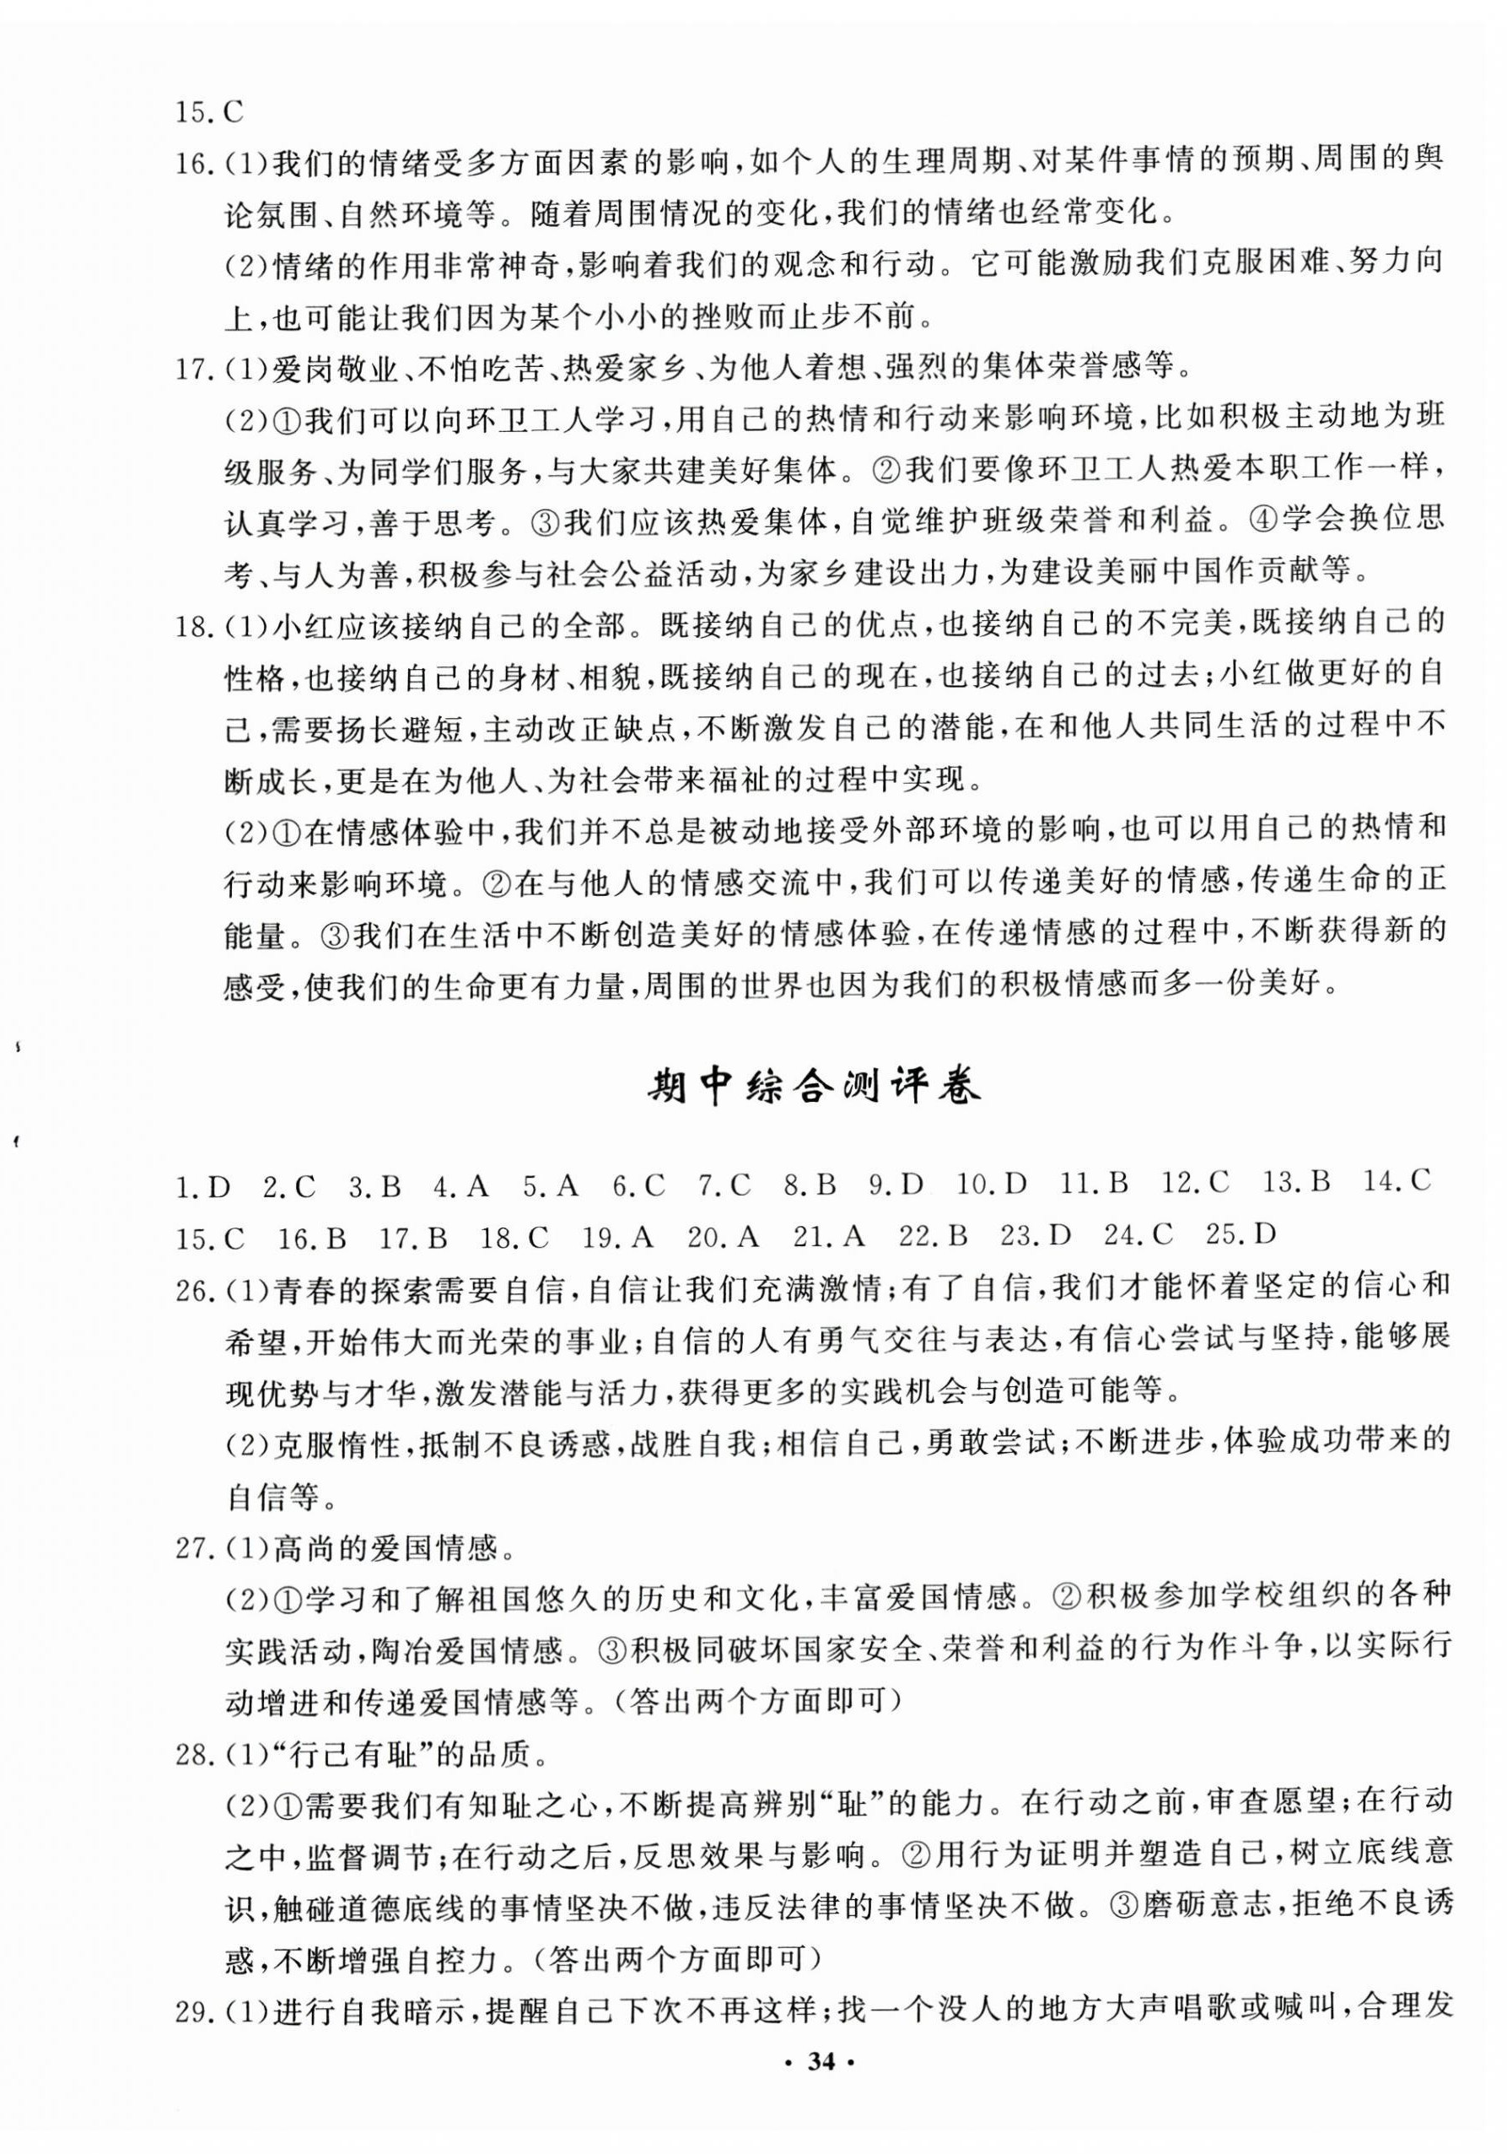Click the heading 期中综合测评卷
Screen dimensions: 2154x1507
[x=814, y=1088]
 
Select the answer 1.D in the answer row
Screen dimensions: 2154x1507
[x=202, y=1188]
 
